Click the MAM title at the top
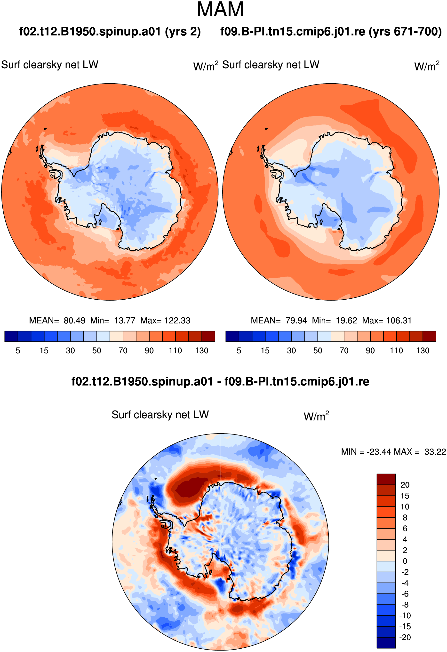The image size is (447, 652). click(220, 9)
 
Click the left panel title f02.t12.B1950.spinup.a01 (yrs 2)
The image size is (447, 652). click(110, 32)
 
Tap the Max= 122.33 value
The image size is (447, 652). click(165, 320)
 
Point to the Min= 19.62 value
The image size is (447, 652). click(335, 320)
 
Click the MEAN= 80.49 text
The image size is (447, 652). click(57, 320)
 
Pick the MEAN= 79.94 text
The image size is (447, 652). click(279, 320)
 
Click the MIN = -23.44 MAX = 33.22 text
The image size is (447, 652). click(393, 452)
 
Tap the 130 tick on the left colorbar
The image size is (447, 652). click(202, 351)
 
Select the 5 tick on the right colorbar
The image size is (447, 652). click(239, 351)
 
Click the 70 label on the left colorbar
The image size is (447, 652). click(123, 351)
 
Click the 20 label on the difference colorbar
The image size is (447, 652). click(405, 485)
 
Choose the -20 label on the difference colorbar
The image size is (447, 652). click(405, 637)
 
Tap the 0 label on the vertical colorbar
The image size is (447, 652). click(405, 561)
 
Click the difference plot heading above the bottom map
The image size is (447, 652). click(220, 381)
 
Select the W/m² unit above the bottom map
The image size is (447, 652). click(316, 416)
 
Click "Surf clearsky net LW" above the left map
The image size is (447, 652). click(50, 65)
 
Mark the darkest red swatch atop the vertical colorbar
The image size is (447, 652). click(386, 479)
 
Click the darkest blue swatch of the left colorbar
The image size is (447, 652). click(11, 336)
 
